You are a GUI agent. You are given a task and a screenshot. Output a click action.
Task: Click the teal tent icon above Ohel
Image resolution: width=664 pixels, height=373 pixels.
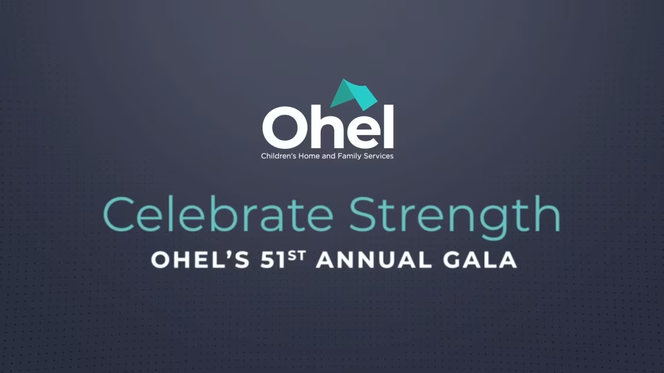coord(354,95)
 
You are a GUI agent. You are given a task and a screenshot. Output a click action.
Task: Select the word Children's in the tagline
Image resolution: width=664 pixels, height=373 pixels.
coord(278,156)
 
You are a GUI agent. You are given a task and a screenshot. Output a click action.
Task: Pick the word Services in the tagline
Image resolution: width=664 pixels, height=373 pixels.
coord(379,156)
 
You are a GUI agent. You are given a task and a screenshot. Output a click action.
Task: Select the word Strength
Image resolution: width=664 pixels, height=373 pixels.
coord(455,217)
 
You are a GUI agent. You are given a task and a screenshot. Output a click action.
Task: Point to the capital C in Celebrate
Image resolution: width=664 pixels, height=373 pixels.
coord(119,215)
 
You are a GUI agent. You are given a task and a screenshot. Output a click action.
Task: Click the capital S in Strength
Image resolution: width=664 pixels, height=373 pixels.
coord(363,215)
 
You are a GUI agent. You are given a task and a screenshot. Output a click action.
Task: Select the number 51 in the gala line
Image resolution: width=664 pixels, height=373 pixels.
coord(273,260)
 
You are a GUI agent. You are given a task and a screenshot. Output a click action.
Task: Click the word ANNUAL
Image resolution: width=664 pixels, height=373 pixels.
coord(374,260)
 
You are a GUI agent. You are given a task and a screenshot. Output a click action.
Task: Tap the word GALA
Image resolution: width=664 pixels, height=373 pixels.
coord(480,260)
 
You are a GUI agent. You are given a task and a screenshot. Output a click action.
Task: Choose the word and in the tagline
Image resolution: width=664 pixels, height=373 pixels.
coord(328,156)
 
